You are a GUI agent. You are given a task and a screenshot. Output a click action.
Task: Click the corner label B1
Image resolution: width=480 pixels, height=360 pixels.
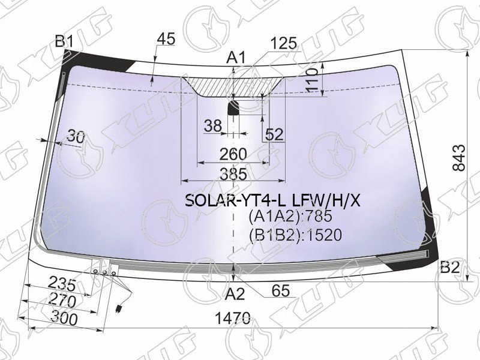(x=64, y=41)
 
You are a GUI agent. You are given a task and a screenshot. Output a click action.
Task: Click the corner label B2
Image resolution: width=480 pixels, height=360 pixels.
(x=449, y=268)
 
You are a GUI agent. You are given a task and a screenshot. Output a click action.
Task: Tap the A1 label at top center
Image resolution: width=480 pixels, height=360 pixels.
(x=236, y=58)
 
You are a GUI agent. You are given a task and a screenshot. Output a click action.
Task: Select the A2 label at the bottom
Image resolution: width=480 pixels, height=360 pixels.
(x=235, y=295)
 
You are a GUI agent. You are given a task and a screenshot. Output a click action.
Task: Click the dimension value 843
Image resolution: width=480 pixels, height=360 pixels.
(x=459, y=158)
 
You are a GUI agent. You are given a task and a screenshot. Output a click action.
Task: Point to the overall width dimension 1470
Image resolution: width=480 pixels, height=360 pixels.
(x=233, y=319)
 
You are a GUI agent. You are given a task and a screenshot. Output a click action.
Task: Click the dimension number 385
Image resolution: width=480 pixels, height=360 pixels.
(x=233, y=174)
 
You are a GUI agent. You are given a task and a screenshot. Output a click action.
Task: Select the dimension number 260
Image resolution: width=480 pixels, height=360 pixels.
(x=233, y=154)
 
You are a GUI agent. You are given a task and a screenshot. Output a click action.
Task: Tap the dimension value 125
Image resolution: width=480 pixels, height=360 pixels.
(x=283, y=43)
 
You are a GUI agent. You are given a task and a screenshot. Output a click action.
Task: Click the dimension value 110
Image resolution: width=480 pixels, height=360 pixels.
(x=311, y=80)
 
